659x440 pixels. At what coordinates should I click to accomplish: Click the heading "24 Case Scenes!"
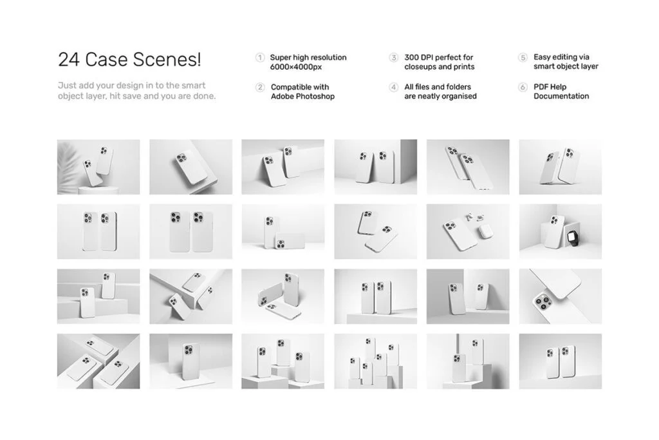(x=129, y=59)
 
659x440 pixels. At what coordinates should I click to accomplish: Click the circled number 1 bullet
(x=260, y=57)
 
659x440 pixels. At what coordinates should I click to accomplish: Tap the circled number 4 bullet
(x=393, y=87)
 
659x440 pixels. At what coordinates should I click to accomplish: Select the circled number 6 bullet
(x=523, y=87)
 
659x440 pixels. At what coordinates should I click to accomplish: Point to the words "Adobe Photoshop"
(x=302, y=97)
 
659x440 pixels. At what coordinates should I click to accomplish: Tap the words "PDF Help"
(x=550, y=87)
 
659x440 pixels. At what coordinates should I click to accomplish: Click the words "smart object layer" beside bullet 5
(x=566, y=66)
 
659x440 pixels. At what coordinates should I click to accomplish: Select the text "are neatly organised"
(x=440, y=97)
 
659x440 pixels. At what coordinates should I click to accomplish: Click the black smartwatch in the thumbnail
(x=572, y=238)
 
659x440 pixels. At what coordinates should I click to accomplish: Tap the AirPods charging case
(x=485, y=231)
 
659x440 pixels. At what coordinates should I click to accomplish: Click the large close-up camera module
(x=544, y=301)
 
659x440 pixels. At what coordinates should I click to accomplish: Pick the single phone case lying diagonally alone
(x=191, y=167)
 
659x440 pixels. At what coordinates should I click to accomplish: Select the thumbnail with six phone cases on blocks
(x=376, y=361)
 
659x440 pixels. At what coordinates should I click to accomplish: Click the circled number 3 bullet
(x=393, y=57)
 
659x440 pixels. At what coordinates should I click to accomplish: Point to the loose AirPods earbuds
(x=474, y=218)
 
